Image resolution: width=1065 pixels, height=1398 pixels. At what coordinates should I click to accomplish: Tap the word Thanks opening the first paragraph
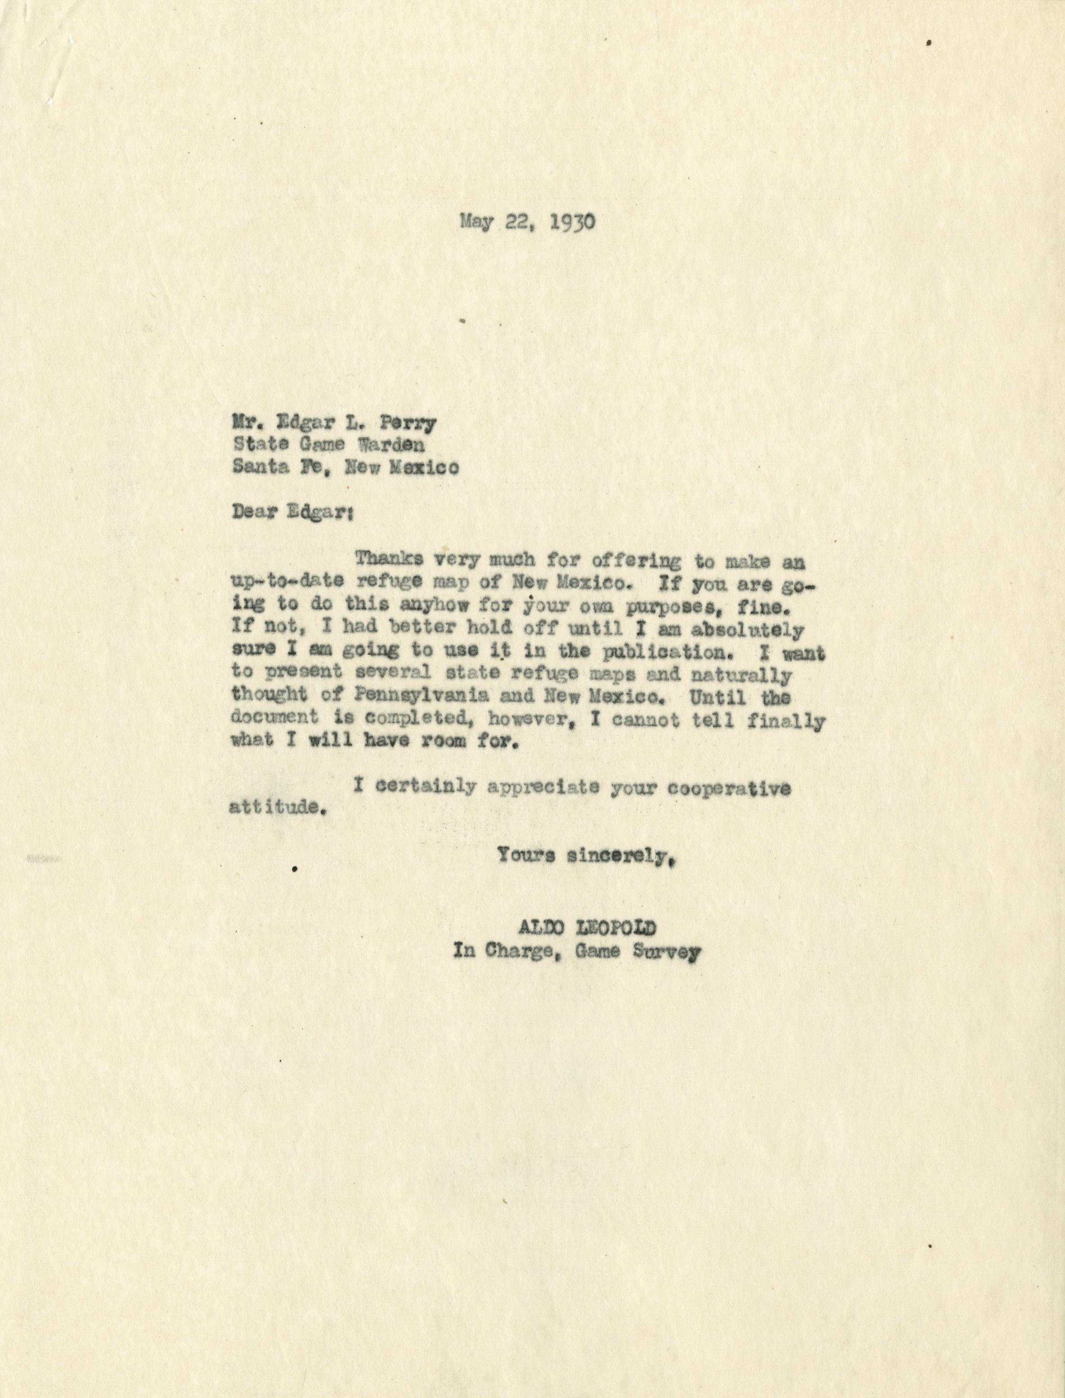tap(392, 560)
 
